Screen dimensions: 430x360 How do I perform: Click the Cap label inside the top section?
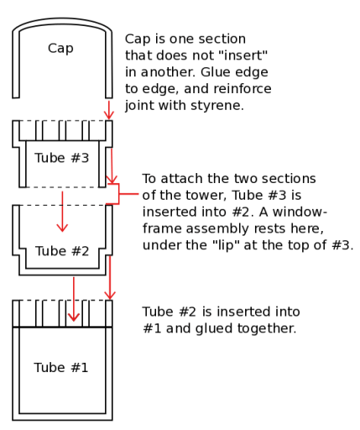(60, 49)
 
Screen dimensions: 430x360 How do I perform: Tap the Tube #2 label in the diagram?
(62, 250)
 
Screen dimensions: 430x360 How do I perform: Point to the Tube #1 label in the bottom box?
(61, 367)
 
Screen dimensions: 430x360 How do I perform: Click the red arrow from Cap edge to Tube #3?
(109, 109)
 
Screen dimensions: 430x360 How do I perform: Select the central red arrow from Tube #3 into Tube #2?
(62, 212)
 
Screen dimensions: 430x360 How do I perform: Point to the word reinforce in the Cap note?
(243, 89)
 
